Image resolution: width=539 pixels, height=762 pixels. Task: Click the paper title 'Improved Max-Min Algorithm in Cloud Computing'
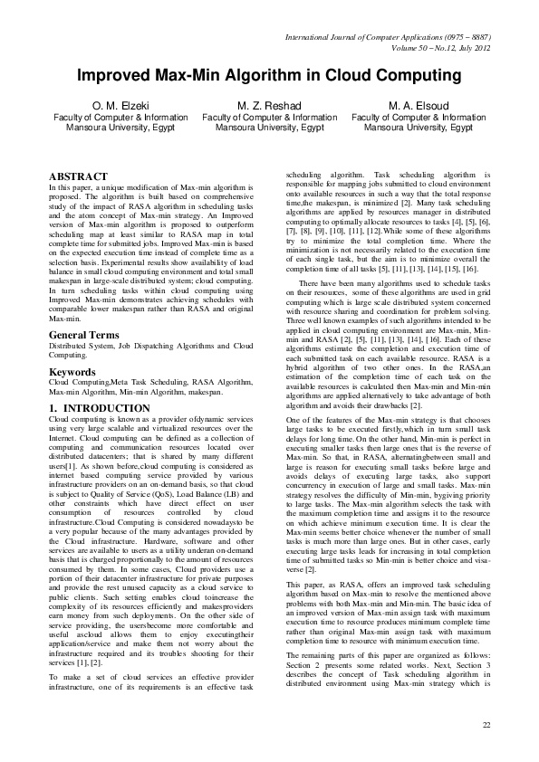(269, 75)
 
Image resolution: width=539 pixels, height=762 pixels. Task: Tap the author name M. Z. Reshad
(269, 106)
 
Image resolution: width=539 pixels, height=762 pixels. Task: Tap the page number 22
(486, 726)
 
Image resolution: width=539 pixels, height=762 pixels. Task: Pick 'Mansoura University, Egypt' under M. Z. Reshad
(269, 129)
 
